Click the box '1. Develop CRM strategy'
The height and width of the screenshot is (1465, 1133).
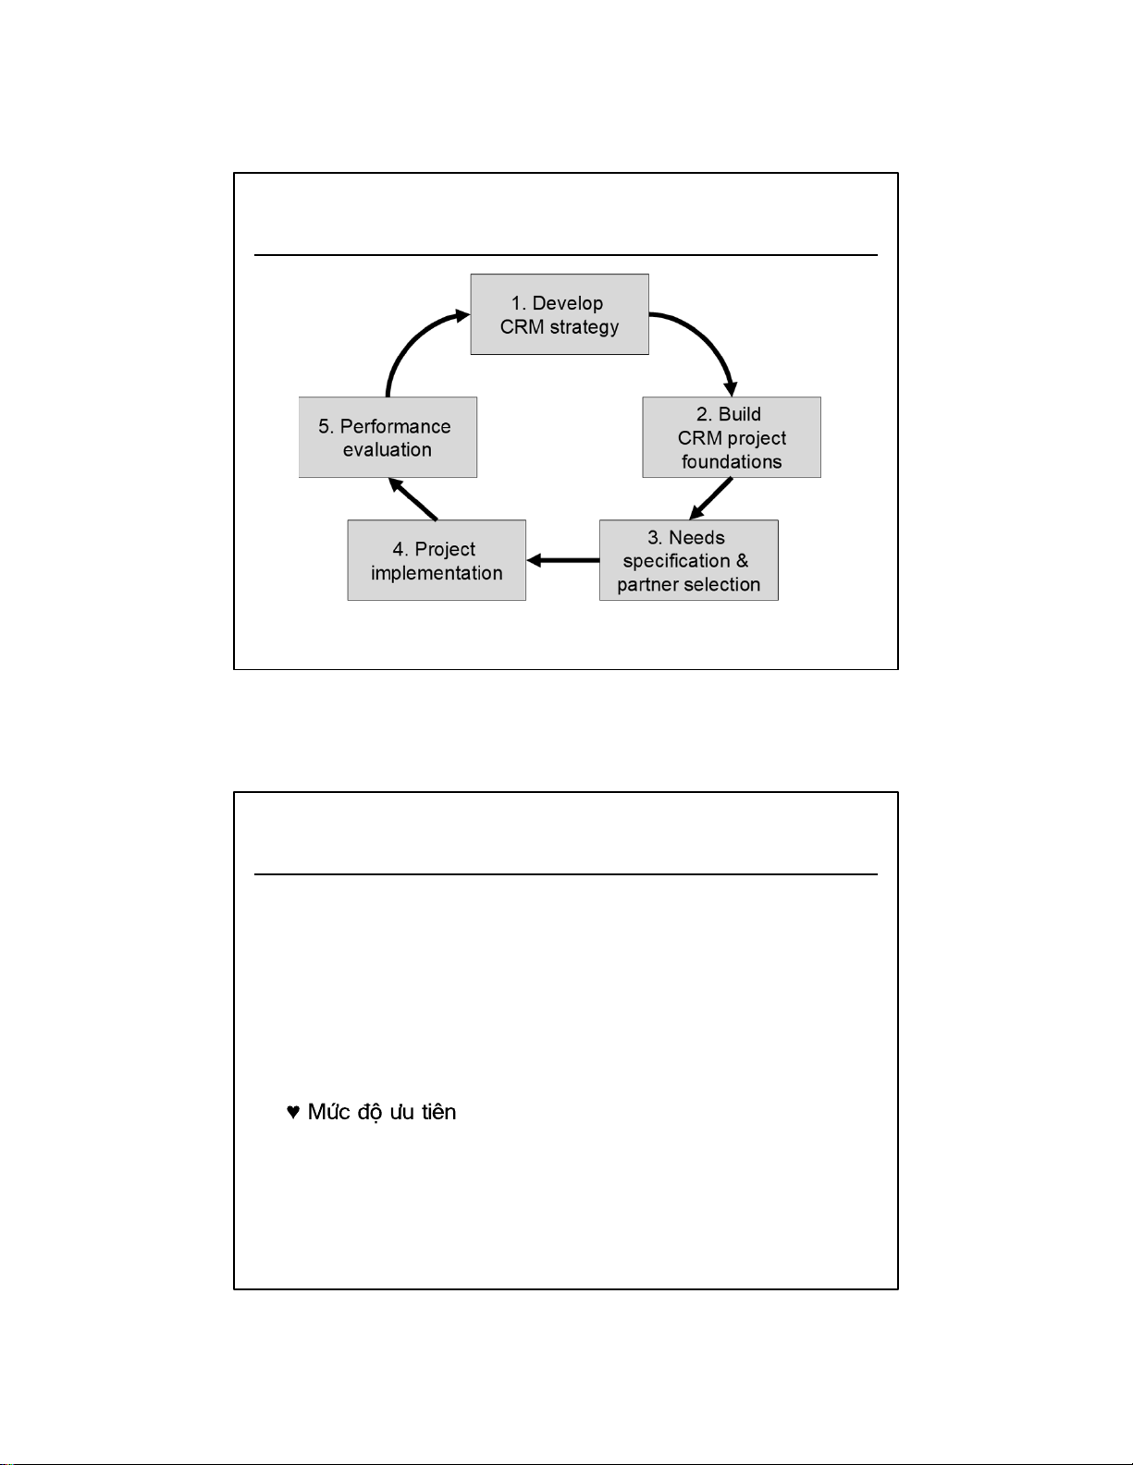(x=560, y=314)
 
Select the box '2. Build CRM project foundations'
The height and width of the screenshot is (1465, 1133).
(x=732, y=437)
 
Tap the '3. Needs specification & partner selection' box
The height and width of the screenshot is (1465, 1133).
(x=688, y=560)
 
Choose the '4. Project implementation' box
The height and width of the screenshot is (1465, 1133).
(x=437, y=560)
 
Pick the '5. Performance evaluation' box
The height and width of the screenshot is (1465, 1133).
(x=388, y=437)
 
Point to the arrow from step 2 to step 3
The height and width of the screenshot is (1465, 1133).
(x=711, y=499)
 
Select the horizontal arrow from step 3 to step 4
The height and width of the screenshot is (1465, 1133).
(x=563, y=560)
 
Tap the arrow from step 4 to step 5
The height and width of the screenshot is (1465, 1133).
(x=413, y=499)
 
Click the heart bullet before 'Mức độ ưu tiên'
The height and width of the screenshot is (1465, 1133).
(x=292, y=1112)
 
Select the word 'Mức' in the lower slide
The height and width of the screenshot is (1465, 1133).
(x=328, y=1111)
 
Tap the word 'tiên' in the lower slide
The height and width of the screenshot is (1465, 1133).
(x=439, y=1111)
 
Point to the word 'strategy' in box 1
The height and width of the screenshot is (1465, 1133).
(x=584, y=327)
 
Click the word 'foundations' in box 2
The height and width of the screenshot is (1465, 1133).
(x=732, y=462)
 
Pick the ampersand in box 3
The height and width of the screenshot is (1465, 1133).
(x=742, y=560)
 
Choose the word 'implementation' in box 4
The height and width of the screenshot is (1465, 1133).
(x=437, y=573)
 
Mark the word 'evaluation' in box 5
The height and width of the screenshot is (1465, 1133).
(x=388, y=450)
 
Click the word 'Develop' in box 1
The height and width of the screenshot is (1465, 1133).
(x=568, y=304)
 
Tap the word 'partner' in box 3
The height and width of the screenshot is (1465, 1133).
(x=647, y=584)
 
